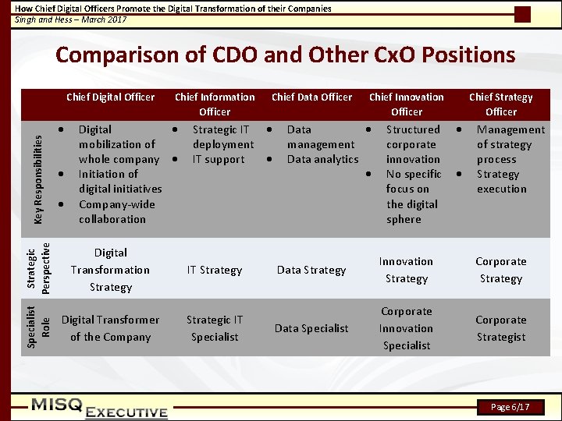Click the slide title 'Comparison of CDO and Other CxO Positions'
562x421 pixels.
(285, 55)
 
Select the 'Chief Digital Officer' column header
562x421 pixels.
(111, 97)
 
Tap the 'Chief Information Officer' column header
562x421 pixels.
(215, 104)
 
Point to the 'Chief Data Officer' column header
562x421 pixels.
(311, 97)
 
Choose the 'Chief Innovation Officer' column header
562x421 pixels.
(406, 104)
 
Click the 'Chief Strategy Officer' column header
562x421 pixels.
(500, 104)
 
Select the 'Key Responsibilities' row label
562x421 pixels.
(37, 175)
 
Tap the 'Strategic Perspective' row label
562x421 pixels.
(37, 268)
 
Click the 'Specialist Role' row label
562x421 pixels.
(37, 327)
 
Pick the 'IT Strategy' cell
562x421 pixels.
(215, 271)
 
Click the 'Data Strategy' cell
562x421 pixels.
(311, 271)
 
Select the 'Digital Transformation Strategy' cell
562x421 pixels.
(111, 270)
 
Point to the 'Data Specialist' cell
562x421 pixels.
(311, 328)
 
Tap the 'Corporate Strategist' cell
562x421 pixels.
(500, 328)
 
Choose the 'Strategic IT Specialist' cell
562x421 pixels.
(215, 328)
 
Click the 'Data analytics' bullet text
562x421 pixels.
(322, 160)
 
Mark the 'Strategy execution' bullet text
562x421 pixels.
(501, 182)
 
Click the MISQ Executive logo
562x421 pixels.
(99, 408)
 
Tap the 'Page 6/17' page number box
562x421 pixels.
(510, 407)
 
